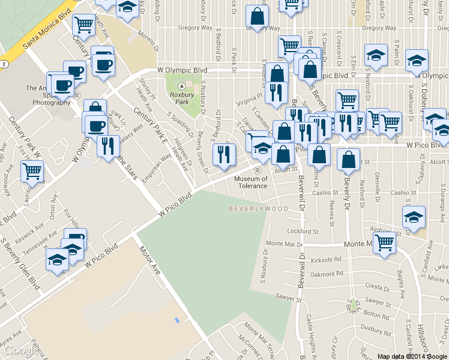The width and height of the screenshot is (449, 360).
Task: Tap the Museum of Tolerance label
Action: point(251,182)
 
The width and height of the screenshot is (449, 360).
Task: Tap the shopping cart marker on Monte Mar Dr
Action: point(384,243)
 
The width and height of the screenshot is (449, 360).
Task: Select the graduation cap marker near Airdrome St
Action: point(414,217)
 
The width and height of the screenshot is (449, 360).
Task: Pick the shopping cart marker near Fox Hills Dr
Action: point(32,172)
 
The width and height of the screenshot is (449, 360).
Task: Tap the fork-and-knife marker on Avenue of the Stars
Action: point(108,146)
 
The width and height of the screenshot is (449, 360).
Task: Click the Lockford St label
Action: point(302,231)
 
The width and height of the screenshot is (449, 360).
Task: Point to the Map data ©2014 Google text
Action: point(412,356)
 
